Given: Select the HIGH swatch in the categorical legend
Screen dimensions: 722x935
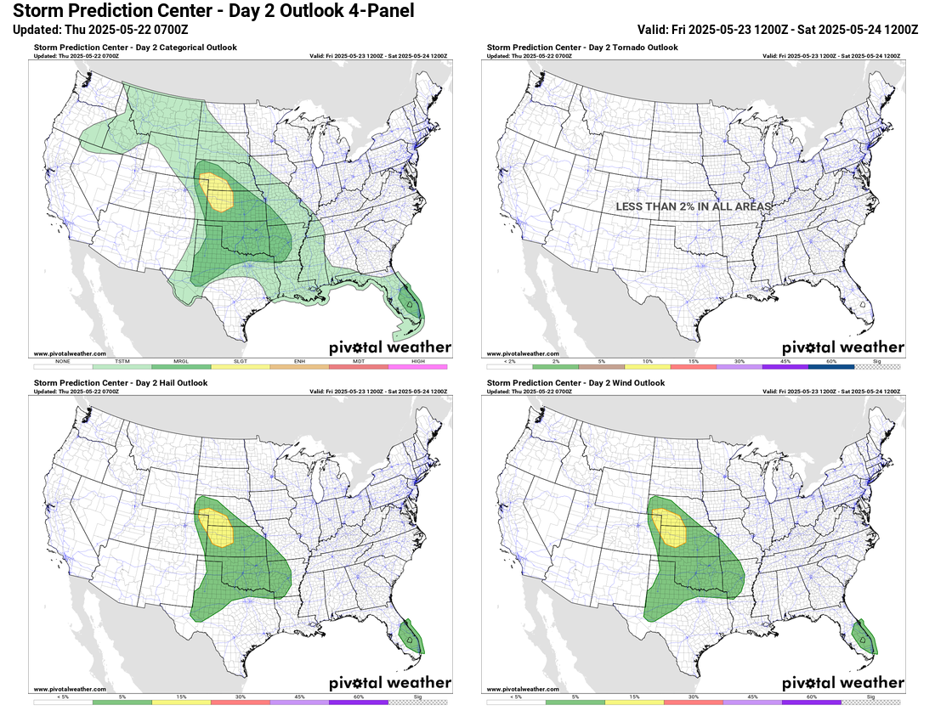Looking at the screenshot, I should (x=417, y=366).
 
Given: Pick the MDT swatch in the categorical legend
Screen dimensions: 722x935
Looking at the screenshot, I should (x=358, y=366).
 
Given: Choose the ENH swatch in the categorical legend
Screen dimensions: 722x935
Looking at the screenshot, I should (x=299, y=366).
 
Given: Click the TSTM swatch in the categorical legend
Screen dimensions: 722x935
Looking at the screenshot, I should (x=122, y=366).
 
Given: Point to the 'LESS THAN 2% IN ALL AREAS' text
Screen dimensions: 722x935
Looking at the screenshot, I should (x=694, y=206).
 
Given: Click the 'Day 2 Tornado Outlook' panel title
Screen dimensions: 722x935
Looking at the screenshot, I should (x=582, y=48).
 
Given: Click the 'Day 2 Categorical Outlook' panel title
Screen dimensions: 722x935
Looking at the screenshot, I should (x=135, y=48).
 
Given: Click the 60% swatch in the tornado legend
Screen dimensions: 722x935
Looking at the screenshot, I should (x=830, y=366).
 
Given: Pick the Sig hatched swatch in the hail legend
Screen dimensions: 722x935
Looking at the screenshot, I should (x=417, y=702).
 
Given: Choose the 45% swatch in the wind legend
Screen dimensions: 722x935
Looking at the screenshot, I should (x=751, y=702).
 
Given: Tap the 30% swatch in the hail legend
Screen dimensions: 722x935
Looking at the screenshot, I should (x=240, y=702).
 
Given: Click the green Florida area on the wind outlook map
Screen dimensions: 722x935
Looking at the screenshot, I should (x=864, y=637).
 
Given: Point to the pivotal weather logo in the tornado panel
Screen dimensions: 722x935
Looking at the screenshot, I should (x=842, y=347).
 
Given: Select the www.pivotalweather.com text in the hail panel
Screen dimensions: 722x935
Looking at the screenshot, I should (x=70, y=689).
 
